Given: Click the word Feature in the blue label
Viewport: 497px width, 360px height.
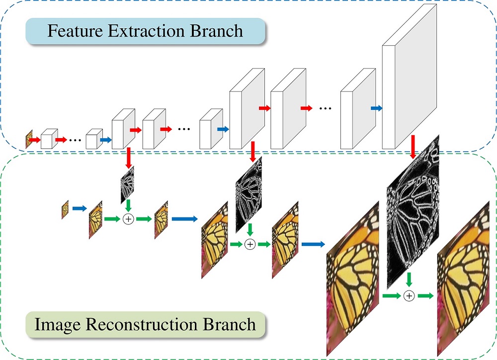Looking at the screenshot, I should coord(74,31).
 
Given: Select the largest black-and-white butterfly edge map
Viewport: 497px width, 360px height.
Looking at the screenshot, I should coord(413,214).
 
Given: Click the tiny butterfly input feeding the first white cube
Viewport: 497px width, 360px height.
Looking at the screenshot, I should coord(29,140).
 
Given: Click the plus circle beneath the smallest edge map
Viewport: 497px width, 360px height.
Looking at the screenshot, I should coord(128,218).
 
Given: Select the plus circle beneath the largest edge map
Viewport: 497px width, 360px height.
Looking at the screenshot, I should coord(409,296).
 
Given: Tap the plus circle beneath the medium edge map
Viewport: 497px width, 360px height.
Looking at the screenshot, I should coord(250,244).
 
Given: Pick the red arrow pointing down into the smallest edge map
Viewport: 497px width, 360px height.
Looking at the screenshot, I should coord(128,157).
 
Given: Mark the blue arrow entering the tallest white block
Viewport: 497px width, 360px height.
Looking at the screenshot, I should coord(376,108).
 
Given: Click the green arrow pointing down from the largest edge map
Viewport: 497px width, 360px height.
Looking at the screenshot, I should coord(409,278).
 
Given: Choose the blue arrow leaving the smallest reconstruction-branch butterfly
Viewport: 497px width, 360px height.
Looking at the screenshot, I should coord(79,209).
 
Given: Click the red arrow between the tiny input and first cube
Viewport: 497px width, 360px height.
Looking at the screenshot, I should coord(35,140).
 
